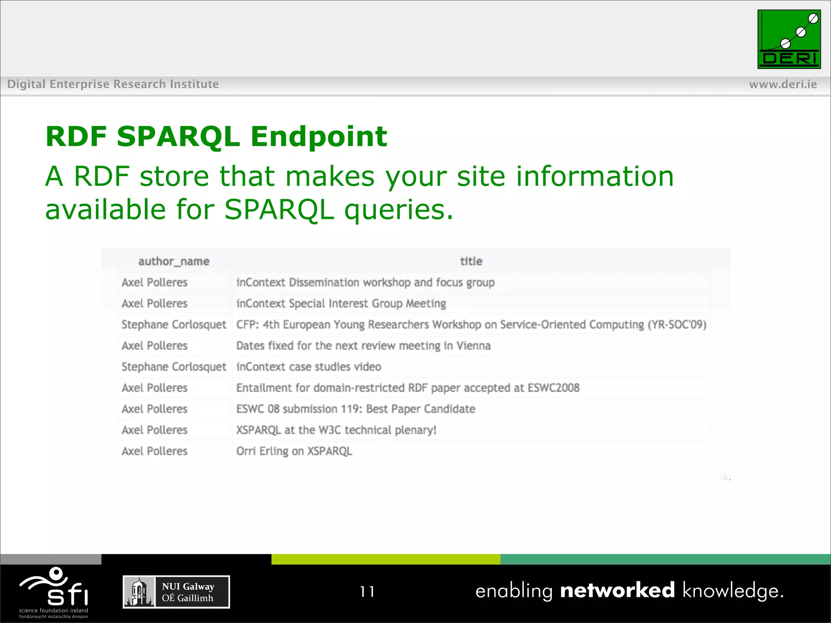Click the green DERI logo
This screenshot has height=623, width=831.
tap(789, 39)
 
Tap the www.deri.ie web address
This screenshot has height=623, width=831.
tap(783, 84)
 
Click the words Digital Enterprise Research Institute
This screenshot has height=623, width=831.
tap(113, 84)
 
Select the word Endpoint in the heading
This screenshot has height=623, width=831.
tap(319, 136)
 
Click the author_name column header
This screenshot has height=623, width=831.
tap(174, 262)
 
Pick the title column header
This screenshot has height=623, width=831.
tap(471, 262)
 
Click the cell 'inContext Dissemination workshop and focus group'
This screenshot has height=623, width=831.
tap(365, 283)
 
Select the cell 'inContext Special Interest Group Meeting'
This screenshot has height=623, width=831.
tap(341, 304)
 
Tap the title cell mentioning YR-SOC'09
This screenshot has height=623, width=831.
tap(471, 325)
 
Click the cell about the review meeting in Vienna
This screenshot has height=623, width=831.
tap(363, 346)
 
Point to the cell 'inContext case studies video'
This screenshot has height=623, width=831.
tap(308, 367)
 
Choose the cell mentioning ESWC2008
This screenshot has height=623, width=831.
tap(408, 388)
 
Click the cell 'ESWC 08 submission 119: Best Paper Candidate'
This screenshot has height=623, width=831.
tap(355, 409)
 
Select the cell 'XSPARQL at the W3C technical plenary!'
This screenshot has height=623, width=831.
tap(336, 430)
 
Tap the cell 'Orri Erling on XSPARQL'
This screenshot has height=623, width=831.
tap(294, 451)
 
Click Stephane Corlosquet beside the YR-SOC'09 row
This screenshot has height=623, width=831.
tap(174, 325)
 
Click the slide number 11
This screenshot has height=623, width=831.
tap(367, 592)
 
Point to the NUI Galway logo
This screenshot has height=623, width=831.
tap(176, 592)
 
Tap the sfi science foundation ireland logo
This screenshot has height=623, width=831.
tap(54, 592)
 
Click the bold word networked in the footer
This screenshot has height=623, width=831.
tap(617, 591)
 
